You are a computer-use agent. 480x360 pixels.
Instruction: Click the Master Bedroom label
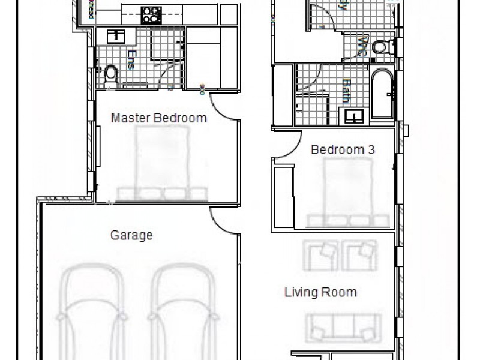click(x=159, y=118)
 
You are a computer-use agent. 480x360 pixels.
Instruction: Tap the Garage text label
click(x=131, y=235)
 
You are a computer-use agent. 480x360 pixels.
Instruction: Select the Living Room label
click(x=320, y=293)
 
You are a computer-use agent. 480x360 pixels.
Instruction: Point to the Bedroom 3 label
click(x=343, y=150)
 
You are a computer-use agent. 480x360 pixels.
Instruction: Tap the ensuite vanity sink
click(x=116, y=36)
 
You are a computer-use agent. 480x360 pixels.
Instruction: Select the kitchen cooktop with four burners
click(x=151, y=14)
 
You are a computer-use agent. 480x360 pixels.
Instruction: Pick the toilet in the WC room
click(x=381, y=47)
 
